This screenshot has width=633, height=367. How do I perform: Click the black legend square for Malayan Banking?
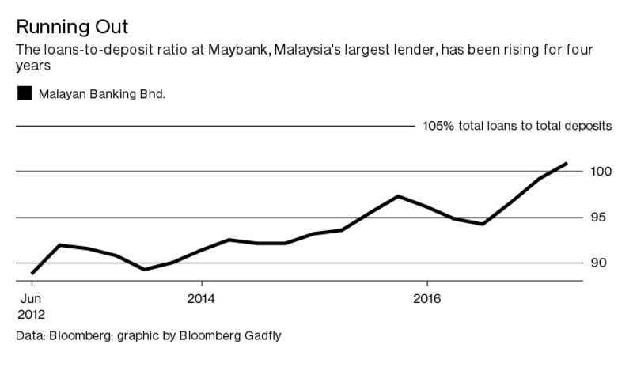pyautogui.click(x=25, y=93)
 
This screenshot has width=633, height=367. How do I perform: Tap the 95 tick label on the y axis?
pyautogui.click(x=599, y=218)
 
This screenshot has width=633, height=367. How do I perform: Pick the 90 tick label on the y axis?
pyautogui.click(x=599, y=263)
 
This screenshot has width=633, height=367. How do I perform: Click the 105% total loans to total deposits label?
pyautogui.click(x=517, y=126)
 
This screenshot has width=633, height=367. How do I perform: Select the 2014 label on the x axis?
pyautogui.click(x=201, y=300)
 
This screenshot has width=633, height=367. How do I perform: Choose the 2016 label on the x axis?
pyautogui.click(x=427, y=300)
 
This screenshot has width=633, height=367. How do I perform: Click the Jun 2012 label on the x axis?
pyautogui.click(x=30, y=307)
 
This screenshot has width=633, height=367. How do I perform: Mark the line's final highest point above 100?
pyautogui.click(x=567, y=164)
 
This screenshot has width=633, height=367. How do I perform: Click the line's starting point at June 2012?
pyautogui.click(x=32, y=273)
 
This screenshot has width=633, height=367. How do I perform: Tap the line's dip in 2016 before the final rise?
pyautogui.click(x=483, y=224)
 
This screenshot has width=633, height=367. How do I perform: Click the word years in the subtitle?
pyautogui.click(x=32, y=67)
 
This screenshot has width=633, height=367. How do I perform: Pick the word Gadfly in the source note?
pyautogui.click(x=262, y=335)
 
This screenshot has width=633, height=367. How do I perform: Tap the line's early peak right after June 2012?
pyautogui.click(x=60, y=245)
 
